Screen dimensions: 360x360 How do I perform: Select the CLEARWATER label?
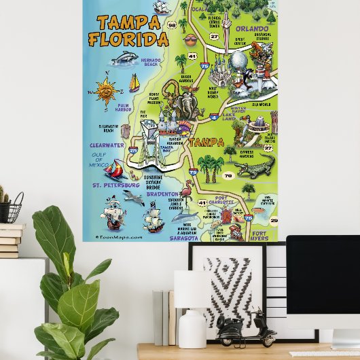pyautogui.click(x=105, y=145)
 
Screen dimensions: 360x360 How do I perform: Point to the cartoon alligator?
pyautogui.click(x=255, y=164)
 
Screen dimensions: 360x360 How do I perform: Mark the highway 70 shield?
pyautogui.click(x=228, y=176)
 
